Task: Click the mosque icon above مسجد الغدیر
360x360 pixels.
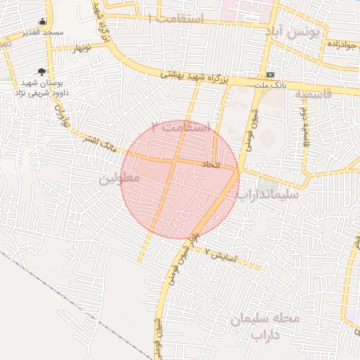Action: (43, 22)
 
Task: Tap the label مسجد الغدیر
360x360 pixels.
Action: (43, 32)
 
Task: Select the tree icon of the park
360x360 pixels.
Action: (41, 71)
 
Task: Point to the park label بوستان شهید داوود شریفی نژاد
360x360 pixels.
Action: (41, 88)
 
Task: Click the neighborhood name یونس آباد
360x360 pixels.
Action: (293, 32)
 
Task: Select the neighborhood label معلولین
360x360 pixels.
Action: (120, 179)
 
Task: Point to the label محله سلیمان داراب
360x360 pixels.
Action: (266, 327)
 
